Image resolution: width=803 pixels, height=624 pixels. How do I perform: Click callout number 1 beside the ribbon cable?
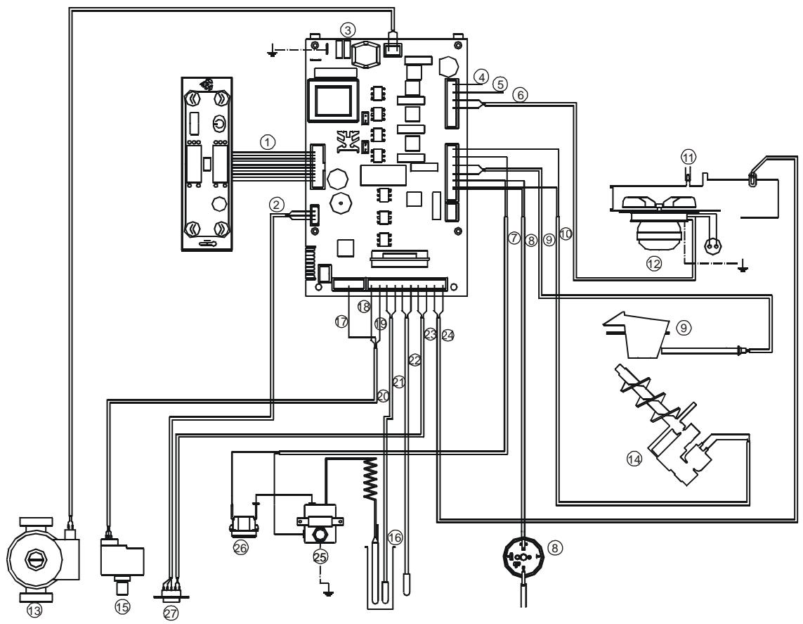coord(266,141)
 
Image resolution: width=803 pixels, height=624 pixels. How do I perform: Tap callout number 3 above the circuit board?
coord(347,30)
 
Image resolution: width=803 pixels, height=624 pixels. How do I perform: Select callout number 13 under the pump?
coord(35,611)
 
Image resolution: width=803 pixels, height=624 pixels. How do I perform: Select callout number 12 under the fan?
coord(655,264)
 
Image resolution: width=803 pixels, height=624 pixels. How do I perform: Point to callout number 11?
coord(687,155)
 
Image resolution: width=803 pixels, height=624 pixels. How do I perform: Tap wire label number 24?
coord(448,336)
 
